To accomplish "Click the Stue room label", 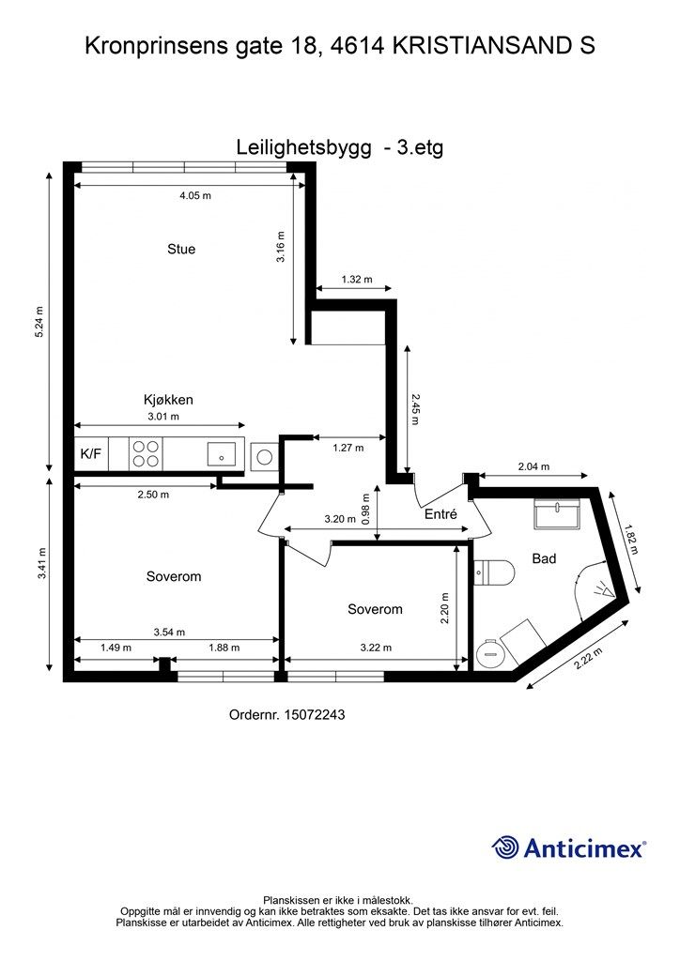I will coord(181,249).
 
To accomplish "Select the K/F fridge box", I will coord(92,454).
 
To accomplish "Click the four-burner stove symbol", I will coord(146,453).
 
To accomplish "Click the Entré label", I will coord(440,514).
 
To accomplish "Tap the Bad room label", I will coord(544,558).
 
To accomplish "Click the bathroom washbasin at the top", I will coord(559,512).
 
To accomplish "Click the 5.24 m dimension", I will coord(39,324).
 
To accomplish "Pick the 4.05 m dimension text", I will coord(195,196).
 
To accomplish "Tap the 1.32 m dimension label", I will coord(356,280).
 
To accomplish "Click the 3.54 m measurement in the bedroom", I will coord(169,632).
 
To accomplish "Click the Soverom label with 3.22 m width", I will coord(375,609).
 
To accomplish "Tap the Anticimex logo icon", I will coord(506,847).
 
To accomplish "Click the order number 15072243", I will coord(287,715).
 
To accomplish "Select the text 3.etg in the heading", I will coord(420,147).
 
